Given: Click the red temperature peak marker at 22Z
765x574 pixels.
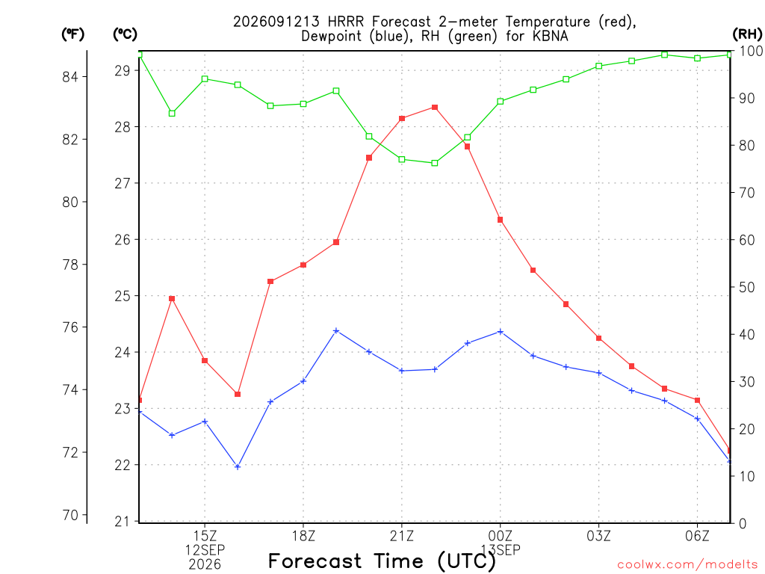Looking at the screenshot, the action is (x=435, y=108).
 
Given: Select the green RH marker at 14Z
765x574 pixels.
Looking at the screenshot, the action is (x=172, y=114).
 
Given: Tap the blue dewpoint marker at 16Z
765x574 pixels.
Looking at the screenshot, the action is (x=238, y=467).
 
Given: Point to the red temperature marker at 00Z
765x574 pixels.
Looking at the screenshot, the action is (x=500, y=220).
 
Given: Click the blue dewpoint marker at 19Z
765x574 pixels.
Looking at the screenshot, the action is (x=336, y=331).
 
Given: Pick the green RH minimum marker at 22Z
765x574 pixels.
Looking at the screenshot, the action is (x=435, y=163).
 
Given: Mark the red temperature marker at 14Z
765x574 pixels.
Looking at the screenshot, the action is (x=172, y=299).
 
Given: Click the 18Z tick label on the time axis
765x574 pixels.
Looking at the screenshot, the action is (x=303, y=536).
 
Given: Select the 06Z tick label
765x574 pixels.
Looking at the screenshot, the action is (x=697, y=536).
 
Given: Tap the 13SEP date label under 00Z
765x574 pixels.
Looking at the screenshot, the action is (x=501, y=550).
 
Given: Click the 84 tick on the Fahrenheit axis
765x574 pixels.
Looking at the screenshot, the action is (x=70, y=77).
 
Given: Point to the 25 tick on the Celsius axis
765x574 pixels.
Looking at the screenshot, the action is (x=123, y=296).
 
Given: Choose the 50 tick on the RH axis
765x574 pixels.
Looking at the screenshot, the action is (x=746, y=288).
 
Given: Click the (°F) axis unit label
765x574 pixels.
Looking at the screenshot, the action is (x=72, y=34).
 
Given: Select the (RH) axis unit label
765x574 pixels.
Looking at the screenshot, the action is (x=747, y=34).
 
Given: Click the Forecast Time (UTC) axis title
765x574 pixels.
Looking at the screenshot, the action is (x=382, y=561).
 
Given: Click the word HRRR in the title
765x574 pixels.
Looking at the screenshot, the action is (x=346, y=22).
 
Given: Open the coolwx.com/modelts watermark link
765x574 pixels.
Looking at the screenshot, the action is (x=687, y=565).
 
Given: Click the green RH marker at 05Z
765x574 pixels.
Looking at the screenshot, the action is (x=664, y=55).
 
